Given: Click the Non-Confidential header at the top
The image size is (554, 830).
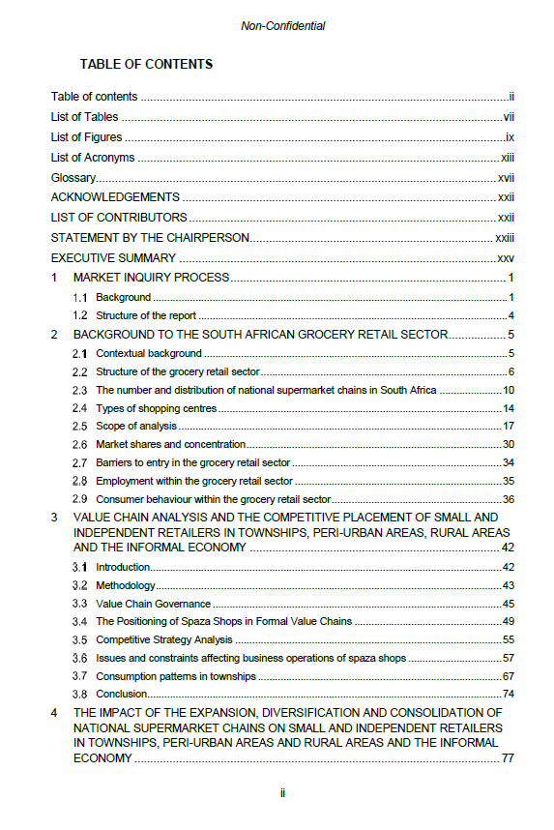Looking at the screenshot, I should (282, 26).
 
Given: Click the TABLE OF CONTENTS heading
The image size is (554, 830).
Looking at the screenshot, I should (146, 65).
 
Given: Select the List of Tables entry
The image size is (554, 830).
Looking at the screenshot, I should (85, 117).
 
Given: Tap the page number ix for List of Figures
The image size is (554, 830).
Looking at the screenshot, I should (509, 137).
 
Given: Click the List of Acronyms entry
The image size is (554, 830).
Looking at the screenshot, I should (93, 158).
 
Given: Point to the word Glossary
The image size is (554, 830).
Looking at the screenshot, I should (73, 178).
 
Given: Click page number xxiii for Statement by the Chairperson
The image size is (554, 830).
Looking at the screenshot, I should (505, 238).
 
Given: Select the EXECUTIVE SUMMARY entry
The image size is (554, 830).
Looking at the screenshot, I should (113, 258).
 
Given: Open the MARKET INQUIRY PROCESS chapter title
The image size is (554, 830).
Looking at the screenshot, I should (152, 278).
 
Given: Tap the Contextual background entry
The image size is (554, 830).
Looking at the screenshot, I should (149, 353).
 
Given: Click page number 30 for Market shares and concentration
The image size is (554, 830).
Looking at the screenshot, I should (508, 444).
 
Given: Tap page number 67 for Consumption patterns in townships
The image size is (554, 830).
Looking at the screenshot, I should (508, 676).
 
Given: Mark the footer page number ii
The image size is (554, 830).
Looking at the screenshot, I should (282, 792).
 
